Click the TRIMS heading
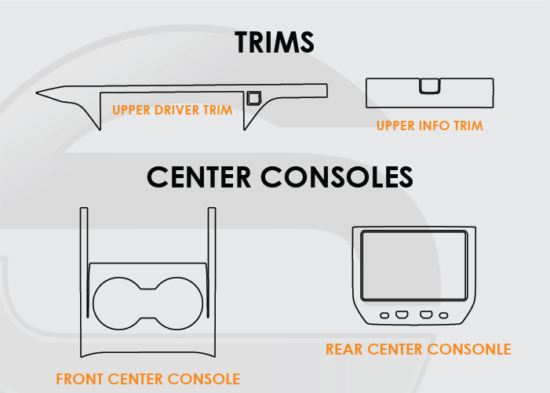tap(275, 42)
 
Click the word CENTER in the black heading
tap(199, 177)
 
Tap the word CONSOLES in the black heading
tap(337, 177)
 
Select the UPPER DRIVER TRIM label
tap(173, 110)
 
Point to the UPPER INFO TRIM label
tap(430, 126)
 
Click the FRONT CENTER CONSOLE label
tap(148, 379)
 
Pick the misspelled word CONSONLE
tap(469, 349)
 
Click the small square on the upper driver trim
tap(253, 98)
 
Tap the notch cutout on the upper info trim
tap(430, 86)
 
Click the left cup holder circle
tap(119, 304)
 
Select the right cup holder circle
tap(177, 304)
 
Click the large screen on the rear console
tap(414, 266)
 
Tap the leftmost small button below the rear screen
tap(384, 315)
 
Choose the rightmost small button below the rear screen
tap(444, 315)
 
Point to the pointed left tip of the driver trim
tap(36, 93)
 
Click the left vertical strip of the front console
tap(84, 263)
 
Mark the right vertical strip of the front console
tap(212, 263)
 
